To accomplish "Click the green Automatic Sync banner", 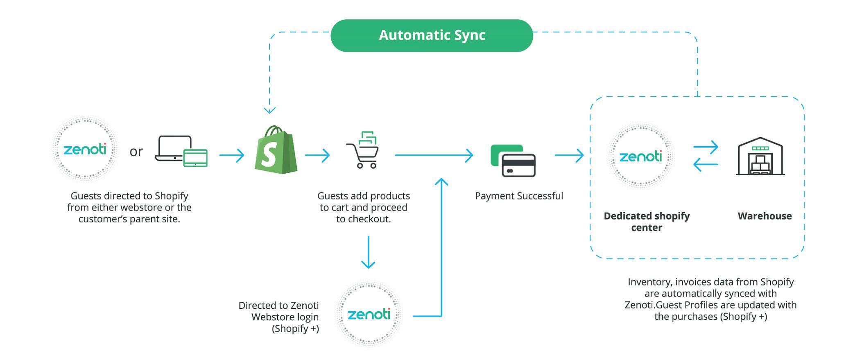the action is pos(432,35).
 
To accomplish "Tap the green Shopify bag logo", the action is pos(276,149).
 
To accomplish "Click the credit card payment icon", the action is pos(513,161).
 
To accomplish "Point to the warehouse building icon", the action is pos(760,156).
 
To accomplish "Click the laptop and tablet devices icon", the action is pos(181,151).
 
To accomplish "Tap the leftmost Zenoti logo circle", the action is pos(85,149).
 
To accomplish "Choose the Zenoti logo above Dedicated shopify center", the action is pos(640,156).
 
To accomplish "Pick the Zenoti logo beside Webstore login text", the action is pos(369,314).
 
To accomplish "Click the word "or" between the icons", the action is pos(136,152).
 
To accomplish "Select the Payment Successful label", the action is pos(519,196).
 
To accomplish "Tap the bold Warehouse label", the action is pos(764,216).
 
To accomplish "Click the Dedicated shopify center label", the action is pos(647,222).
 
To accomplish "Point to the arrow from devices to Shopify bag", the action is pos(232,155).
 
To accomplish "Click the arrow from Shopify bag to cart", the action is pos(317,155).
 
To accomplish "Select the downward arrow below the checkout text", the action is pos(369,252).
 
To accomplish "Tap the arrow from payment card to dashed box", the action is pos(569,155).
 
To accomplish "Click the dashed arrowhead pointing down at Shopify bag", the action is pos(269,110).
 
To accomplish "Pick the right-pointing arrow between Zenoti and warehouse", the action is pos(706,147).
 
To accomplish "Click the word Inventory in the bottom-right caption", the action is pos(650,282).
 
